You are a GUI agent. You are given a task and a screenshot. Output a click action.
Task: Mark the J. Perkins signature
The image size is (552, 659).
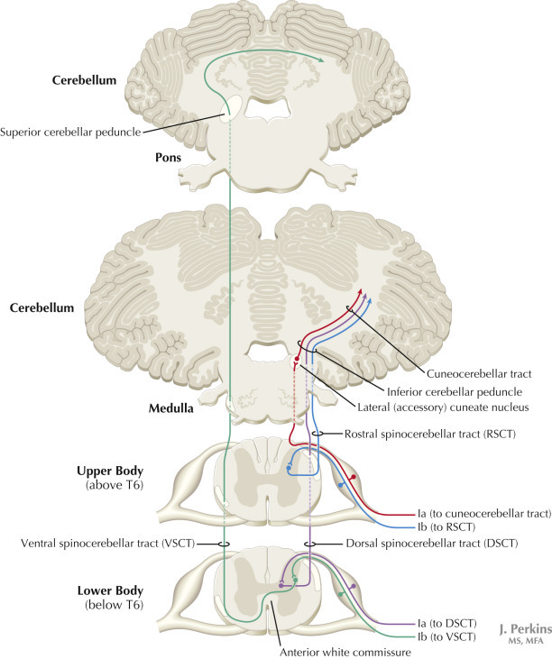(520, 627)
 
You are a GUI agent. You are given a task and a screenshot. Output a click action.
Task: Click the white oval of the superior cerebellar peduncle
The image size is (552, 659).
(231, 111)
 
